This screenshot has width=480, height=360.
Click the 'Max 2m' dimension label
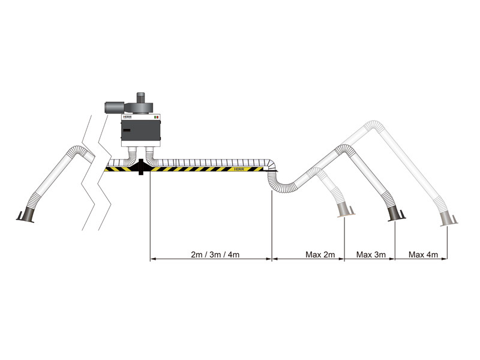[319, 254]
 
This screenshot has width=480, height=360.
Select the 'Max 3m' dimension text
[371, 254]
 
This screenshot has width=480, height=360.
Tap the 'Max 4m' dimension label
[423, 254]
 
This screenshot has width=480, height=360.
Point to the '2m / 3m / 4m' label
[215, 254]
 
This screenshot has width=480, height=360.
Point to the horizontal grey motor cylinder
[114, 107]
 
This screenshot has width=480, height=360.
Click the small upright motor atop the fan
[141, 96]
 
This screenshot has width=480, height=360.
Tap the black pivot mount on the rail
[140, 167]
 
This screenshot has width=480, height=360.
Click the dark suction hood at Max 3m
[395, 215]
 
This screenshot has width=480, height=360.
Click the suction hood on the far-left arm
[27, 215]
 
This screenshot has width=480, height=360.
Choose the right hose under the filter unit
[152, 155]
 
